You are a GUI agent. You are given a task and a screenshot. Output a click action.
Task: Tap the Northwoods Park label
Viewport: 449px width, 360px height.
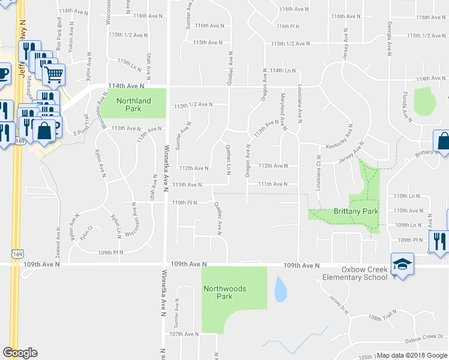click(224, 292)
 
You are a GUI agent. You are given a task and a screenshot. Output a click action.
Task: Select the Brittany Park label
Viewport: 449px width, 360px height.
click(356, 211)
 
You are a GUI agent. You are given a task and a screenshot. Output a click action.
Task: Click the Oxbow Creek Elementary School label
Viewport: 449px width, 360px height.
click(355, 274)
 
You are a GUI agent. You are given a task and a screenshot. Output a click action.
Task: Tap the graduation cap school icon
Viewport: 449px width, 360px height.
click(402, 263)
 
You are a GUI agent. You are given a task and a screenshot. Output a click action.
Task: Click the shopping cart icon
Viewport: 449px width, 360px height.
click(53, 74)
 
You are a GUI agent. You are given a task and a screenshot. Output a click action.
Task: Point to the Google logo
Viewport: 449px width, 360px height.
click(20, 353)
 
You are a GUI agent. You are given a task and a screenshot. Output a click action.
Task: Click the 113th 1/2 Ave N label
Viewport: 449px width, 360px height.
click(193, 104)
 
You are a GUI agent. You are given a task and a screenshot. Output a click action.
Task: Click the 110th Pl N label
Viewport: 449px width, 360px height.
click(184, 203)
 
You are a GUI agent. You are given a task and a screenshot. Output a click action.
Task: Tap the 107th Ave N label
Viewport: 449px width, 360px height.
click(184, 334)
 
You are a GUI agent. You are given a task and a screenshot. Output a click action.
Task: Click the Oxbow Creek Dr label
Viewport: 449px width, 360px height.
click(423, 340)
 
